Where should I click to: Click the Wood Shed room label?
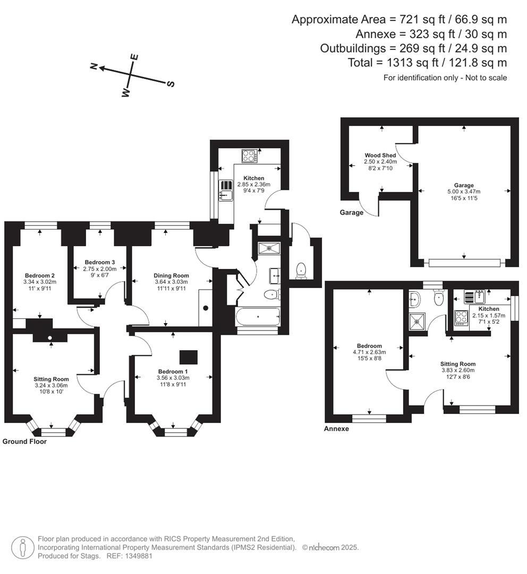pos(380,155)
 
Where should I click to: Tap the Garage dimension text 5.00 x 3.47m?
pos(464,191)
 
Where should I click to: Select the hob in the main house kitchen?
pos(250,156)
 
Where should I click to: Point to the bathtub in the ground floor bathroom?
pos(258,317)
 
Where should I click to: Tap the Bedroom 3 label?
pos(99,262)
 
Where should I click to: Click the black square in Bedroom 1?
pos(189,357)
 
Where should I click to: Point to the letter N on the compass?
pos(93,66)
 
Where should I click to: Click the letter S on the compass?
pos(171,84)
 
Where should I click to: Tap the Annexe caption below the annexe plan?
pos(336,429)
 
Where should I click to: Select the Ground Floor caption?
pos(24,442)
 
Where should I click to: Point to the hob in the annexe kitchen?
pos(461,318)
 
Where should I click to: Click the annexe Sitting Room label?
pos(458,364)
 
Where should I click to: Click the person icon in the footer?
pos(23,547)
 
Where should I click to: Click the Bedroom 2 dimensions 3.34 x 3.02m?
pos(40,282)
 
